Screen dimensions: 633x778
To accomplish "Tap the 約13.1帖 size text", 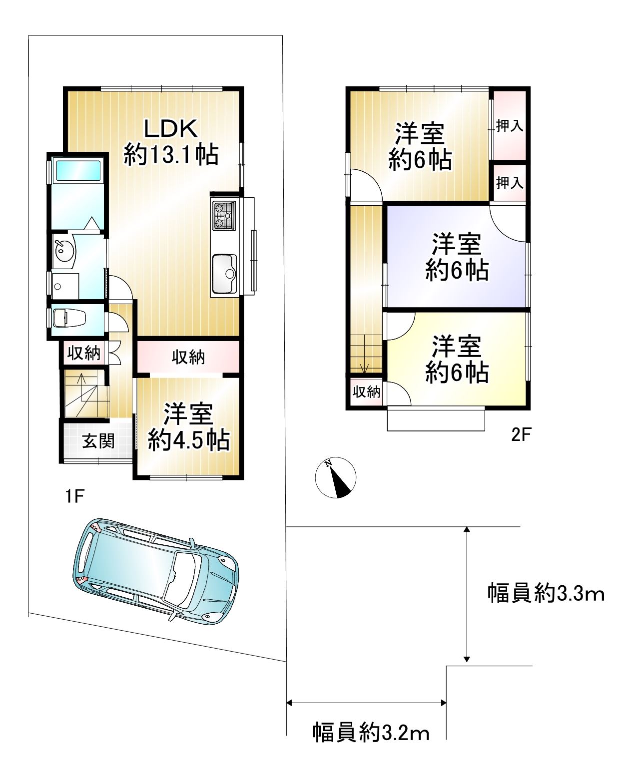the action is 171,155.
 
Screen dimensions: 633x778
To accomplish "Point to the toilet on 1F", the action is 69,318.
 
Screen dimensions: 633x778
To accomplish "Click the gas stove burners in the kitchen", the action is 224,216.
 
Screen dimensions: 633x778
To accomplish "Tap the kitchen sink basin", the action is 224,272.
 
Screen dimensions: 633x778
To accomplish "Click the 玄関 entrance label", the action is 98,441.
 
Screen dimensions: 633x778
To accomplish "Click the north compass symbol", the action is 336,477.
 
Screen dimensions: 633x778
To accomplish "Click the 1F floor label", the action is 74,496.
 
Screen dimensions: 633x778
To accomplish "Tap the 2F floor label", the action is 521,434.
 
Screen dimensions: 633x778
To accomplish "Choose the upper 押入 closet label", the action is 510,126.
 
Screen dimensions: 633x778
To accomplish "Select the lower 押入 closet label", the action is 510,183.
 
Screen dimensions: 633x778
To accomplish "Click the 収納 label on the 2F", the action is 366,392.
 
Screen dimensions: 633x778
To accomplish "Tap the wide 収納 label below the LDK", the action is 188,357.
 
